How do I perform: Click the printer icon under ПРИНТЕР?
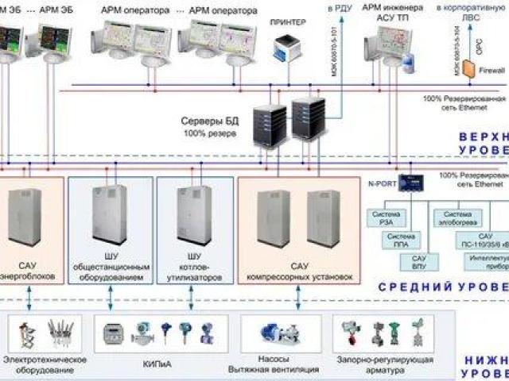[285, 50]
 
